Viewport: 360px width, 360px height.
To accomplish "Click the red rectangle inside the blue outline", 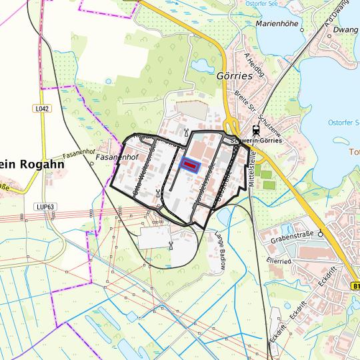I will [190, 164].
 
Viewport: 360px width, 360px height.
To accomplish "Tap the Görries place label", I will [235, 75].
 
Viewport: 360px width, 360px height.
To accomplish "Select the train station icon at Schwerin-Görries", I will [256, 129].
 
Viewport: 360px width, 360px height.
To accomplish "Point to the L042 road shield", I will [42, 108].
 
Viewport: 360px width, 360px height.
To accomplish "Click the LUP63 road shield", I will [45, 207].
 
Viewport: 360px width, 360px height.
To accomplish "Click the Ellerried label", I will [279, 261].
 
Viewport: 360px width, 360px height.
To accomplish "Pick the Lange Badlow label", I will [220, 249].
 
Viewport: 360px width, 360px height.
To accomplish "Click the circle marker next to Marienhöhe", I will [303, 30].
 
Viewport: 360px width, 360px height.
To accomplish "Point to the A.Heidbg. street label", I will [254, 64].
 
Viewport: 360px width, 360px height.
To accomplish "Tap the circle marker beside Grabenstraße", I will [321, 233].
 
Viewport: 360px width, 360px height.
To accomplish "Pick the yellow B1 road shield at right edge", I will [356, 285].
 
